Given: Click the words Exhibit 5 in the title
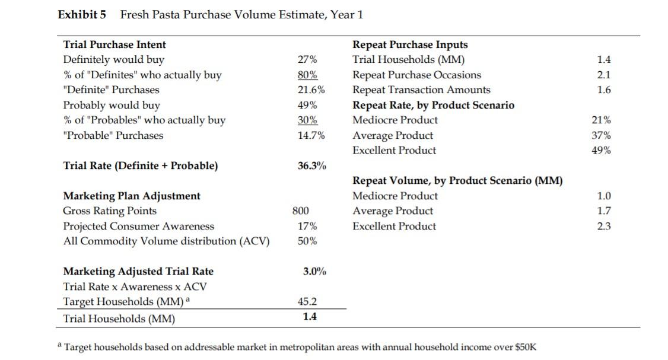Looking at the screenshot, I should point(82,15).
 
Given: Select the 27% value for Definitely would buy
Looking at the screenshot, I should point(307,59).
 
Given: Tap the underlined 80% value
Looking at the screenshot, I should point(307,75).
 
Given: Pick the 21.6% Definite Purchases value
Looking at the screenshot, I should point(310,90).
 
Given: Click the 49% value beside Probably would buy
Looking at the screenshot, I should point(307,105).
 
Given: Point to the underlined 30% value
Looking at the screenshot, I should point(307,120).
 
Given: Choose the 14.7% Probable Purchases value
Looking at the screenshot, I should point(310,135).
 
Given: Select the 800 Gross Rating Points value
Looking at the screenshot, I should point(300,211).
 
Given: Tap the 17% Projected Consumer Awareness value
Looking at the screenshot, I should point(307,226).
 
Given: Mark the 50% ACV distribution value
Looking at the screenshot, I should point(307,241).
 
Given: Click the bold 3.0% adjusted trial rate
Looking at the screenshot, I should point(314,271).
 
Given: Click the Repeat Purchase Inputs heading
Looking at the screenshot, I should point(410,44).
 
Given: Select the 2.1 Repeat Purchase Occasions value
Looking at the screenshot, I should point(605,75).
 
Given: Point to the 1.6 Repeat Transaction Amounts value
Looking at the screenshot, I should point(605,90).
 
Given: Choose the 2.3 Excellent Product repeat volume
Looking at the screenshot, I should point(605,226).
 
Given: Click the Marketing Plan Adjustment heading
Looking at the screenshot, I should point(132,196).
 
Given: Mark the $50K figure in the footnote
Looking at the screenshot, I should point(523,347).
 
